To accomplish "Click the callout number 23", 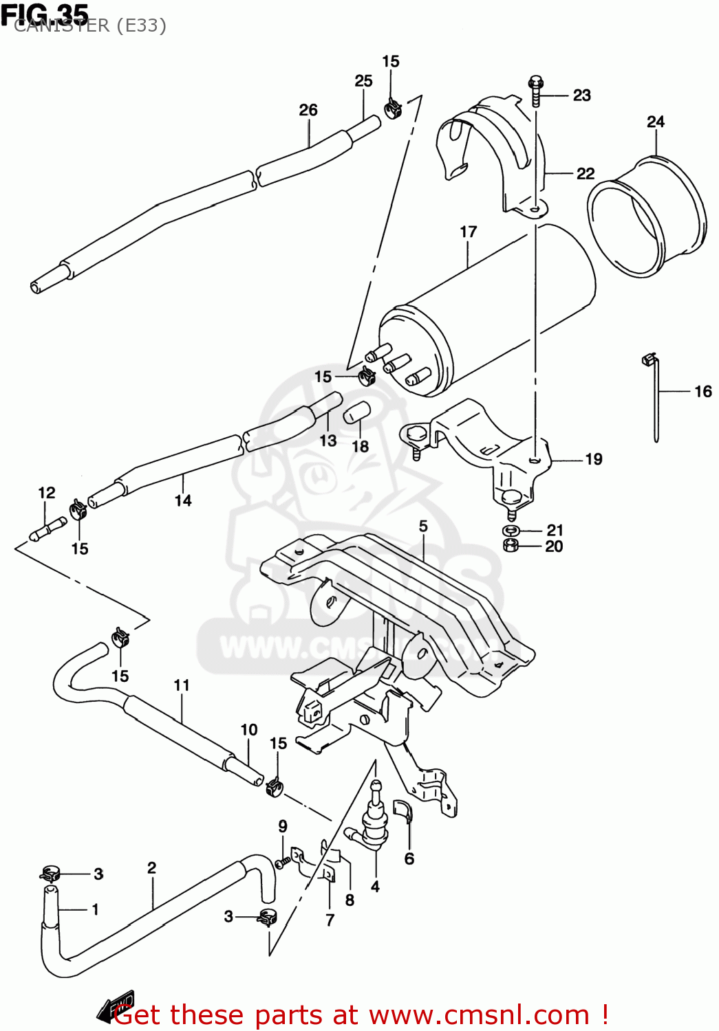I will point(581,96).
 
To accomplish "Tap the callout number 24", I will point(656,122).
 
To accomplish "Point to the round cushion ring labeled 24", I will point(647,217).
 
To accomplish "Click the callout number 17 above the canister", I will point(469,232).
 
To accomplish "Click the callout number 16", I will point(702,392).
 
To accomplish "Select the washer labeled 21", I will point(510,531).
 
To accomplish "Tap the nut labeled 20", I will point(510,546).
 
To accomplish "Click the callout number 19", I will point(593,459).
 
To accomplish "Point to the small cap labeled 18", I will point(357,412).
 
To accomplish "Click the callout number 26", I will point(308,110).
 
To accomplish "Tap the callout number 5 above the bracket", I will point(423,526).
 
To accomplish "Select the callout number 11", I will point(182,685).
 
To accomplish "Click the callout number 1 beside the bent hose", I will point(95,909).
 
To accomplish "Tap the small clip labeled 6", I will point(403,812).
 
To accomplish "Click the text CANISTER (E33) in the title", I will point(90,26).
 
